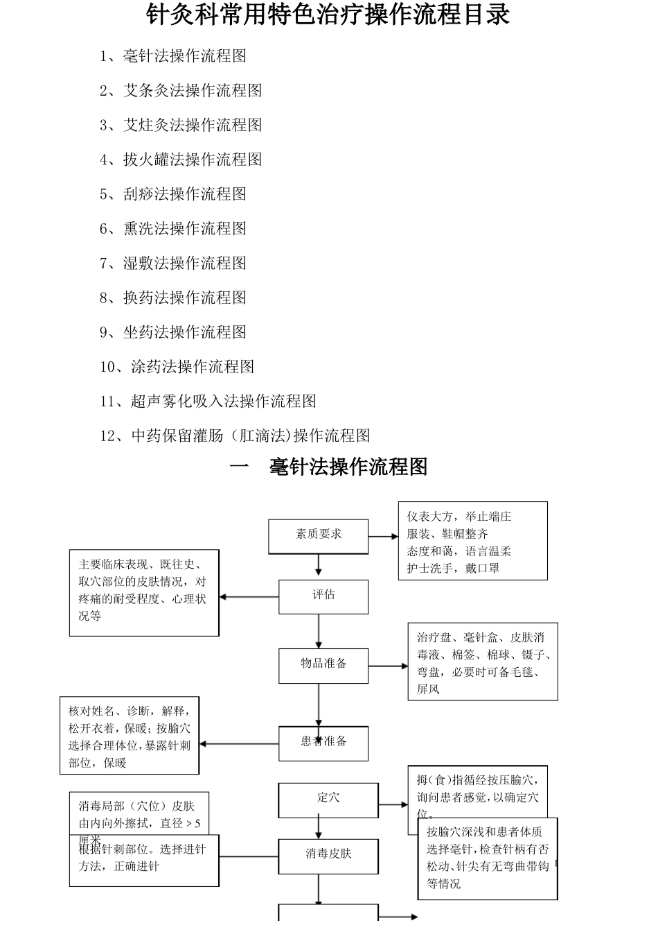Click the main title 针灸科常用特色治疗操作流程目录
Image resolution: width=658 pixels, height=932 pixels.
coord(328,15)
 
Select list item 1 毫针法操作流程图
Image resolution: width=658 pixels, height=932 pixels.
coord(173,56)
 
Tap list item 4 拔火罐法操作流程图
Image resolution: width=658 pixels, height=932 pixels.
coord(181,159)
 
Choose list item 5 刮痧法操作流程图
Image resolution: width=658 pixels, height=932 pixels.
coord(173,194)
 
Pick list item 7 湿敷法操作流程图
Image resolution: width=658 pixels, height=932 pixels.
coord(173,263)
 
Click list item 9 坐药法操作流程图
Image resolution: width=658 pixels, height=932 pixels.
coord(173,332)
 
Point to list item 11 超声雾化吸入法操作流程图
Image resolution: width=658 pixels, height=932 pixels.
coord(208,401)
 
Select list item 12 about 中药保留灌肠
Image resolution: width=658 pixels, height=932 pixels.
coord(235,435)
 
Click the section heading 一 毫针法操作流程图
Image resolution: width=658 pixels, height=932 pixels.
coord(328,467)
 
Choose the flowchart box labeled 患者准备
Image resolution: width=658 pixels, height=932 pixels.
coord(323,743)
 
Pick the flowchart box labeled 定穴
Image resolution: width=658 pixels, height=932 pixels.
coord(328,800)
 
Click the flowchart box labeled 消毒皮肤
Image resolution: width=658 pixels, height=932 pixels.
coord(328,856)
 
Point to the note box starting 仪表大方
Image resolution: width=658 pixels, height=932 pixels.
coord(472,541)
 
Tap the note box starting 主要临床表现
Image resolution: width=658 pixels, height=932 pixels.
coord(144,592)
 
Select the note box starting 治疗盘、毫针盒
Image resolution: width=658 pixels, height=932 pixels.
coord(483,662)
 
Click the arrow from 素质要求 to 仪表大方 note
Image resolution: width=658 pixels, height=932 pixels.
coord(383,536)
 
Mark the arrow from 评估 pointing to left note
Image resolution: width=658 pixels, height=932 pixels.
coord(249,596)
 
